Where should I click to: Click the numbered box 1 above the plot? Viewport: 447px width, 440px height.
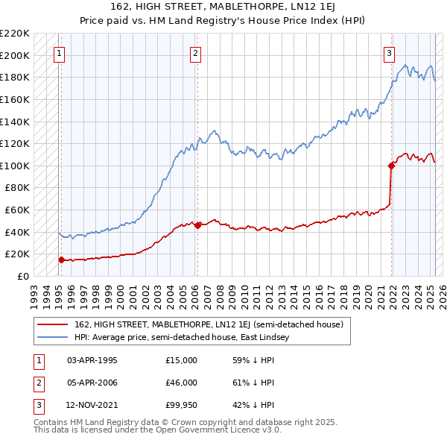[x=58, y=53]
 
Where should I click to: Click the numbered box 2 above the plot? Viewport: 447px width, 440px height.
[x=194, y=53]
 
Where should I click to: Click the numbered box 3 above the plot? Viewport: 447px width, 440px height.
[x=389, y=53]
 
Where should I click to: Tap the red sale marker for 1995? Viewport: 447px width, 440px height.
[x=61, y=260]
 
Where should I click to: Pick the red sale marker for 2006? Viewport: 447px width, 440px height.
[x=197, y=225]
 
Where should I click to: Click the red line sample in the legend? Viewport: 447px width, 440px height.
[x=53, y=324]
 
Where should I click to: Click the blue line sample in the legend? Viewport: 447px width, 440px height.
[x=53, y=337]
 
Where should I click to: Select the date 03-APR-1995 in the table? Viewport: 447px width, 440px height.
[x=92, y=359]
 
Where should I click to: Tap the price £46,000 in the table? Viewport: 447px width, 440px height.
[x=181, y=383]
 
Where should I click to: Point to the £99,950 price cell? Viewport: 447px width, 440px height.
[x=181, y=406]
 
